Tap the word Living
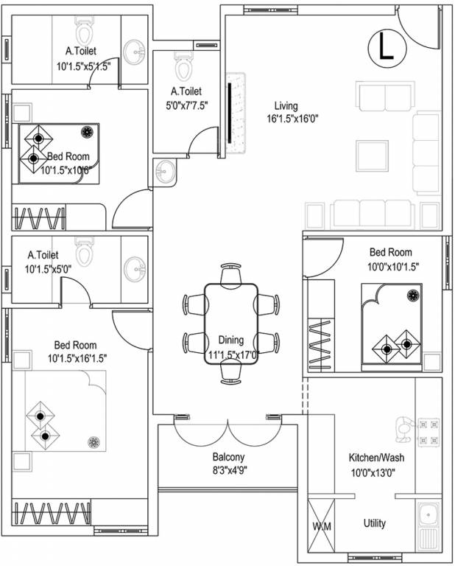286,105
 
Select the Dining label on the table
231,340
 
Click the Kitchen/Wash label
375,458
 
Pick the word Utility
374,523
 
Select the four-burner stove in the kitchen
428,433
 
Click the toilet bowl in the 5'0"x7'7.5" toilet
183,67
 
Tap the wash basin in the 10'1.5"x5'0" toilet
134,268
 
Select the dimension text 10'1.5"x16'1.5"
77,358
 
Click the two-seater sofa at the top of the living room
383,97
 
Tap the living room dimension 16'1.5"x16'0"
292,118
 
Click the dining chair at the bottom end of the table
231,373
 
